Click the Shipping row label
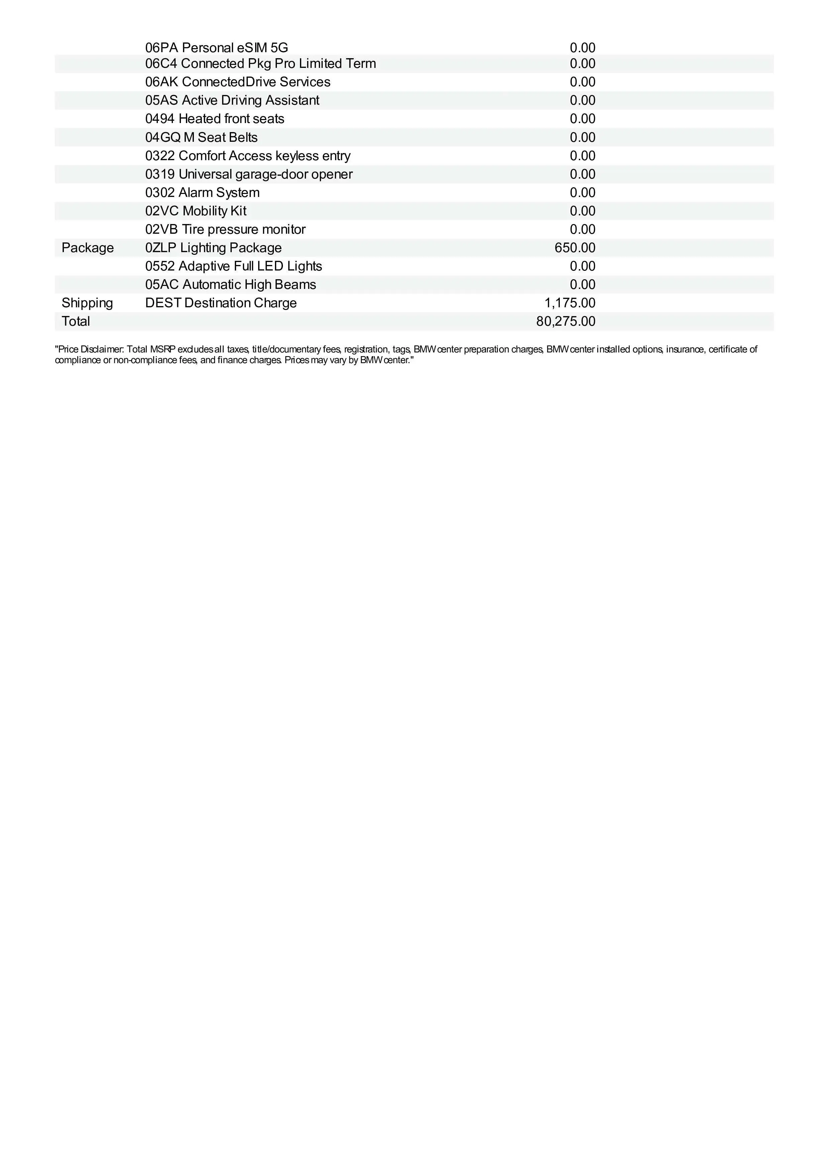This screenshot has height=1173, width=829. tap(87, 303)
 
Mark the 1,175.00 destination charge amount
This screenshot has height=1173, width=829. tap(569, 303)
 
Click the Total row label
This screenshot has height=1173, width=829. tap(76, 321)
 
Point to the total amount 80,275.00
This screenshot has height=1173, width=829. tap(565, 321)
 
